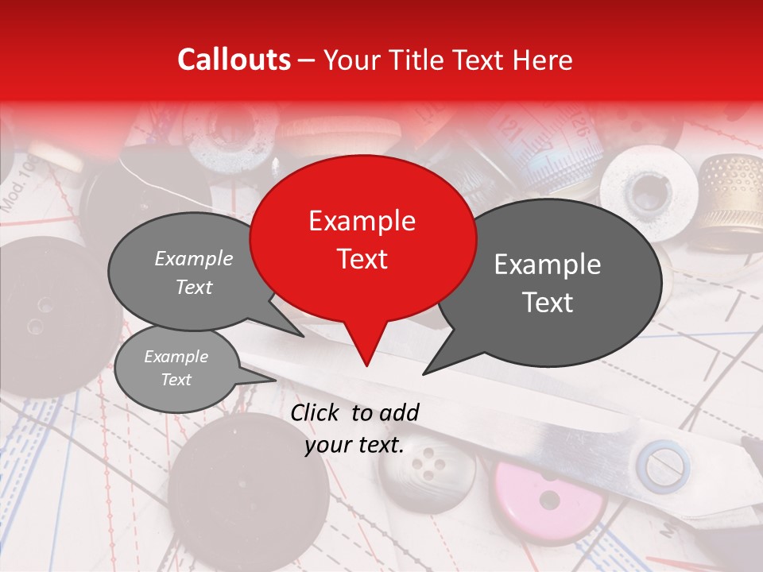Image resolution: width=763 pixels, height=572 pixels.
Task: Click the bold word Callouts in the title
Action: click(234, 60)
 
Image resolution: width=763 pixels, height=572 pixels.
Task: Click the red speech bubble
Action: click(362, 238)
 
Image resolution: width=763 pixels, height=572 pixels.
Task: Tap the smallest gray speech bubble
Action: click(176, 369)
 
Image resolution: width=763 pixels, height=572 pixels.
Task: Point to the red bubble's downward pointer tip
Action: click(366, 365)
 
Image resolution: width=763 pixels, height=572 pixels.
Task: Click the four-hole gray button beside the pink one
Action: click(426, 468)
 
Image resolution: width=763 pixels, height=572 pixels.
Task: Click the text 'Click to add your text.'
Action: click(354, 429)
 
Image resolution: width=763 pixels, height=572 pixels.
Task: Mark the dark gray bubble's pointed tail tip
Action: click(424, 373)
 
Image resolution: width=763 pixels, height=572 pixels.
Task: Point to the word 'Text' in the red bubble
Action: click(362, 259)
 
